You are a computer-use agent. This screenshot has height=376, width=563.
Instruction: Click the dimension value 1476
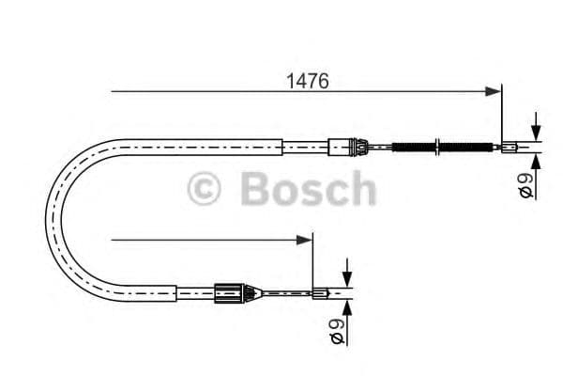click(x=307, y=81)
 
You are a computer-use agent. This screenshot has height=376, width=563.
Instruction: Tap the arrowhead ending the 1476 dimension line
click(x=495, y=91)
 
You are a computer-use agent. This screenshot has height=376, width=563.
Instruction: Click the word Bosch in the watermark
click(x=308, y=189)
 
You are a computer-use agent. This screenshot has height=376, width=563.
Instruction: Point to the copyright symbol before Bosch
click(x=204, y=189)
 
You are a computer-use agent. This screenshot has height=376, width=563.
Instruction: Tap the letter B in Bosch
click(x=255, y=189)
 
